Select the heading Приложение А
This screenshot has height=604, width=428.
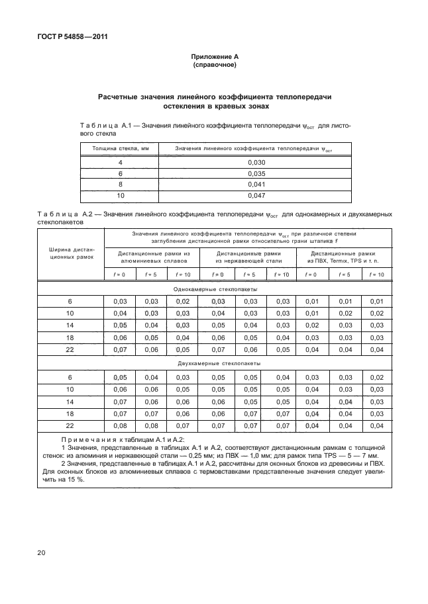click(214, 58)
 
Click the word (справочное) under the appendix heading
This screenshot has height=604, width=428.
click(214, 66)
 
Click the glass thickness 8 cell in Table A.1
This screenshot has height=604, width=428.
click(120, 185)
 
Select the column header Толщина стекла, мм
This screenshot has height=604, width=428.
click(120, 149)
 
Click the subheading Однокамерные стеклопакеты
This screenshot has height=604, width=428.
click(215, 290)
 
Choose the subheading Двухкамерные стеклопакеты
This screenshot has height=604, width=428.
click(215, 364)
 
